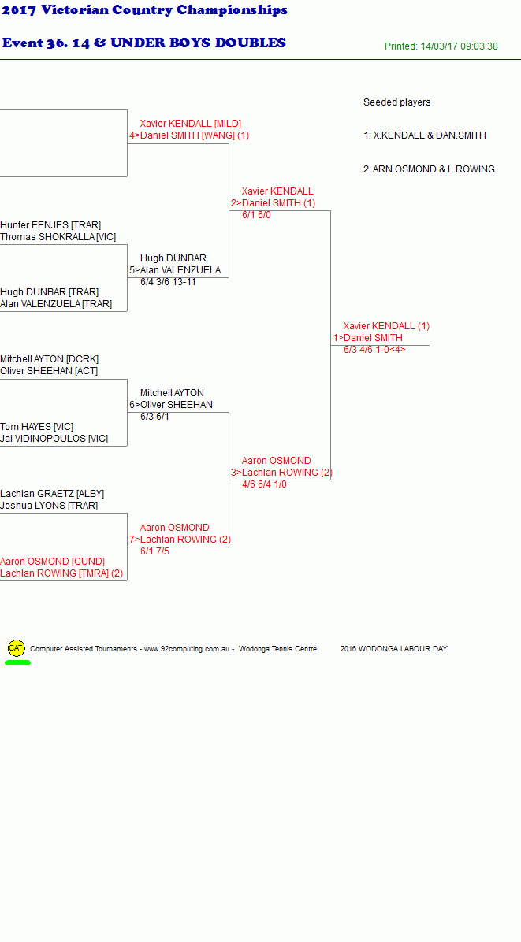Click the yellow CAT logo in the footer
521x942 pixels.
click(x=17, y=647)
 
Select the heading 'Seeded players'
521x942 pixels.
click(x=396, y=102)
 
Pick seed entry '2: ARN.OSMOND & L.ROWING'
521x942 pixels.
click(x=429, y=169)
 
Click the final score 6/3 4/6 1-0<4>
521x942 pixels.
click(x=374, y=350)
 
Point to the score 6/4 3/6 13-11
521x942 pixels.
click(x=168, y=282)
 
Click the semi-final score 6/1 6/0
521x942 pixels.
click(x=257, y=214)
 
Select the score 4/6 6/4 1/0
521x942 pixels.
click(x=264, y=484)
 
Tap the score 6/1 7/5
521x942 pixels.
click(x=155, y=551)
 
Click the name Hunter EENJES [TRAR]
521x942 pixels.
click(x=50, y=225)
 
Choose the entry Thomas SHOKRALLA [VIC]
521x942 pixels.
click(x=58, y=237)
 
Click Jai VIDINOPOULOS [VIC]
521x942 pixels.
click(x=54, y=439)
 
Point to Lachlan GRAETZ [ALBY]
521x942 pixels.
click(x=52, y=494)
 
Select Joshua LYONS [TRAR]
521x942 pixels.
click(x=49, y=506)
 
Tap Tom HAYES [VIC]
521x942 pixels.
click(x=37, y=427)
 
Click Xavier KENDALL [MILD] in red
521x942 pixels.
click(x=191, y=124)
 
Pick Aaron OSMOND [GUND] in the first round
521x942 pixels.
click(x=52, y=562)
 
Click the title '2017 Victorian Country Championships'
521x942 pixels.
click(x=145, y=10)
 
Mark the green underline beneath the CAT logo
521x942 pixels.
click(x=17, y=662)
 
